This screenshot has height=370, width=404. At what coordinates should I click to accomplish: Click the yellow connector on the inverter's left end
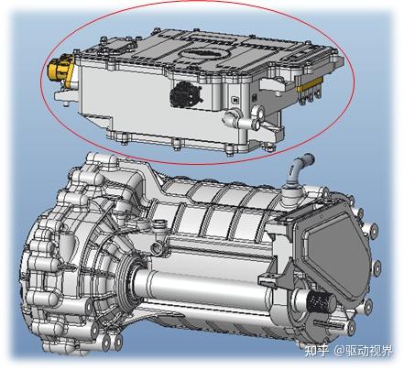[60, 70]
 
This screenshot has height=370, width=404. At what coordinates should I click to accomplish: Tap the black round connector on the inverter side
[185, 93]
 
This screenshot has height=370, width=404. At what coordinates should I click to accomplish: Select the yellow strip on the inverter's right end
[310, 83]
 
